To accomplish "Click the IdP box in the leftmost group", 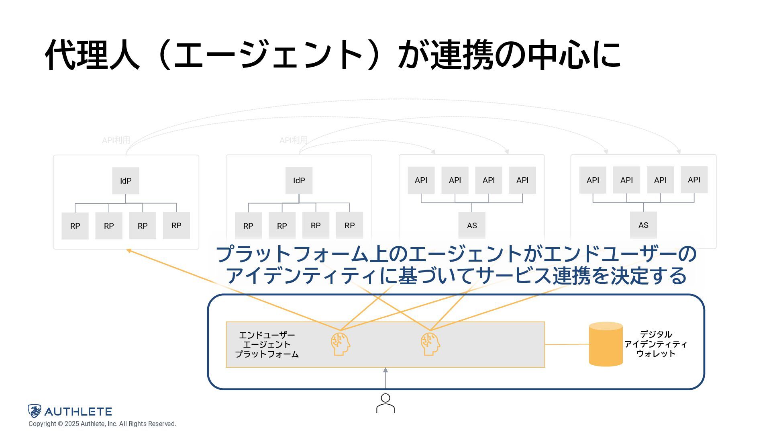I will tap(126, 181).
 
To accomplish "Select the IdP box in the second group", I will tap(299, 180).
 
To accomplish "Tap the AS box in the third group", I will tap(472, 225).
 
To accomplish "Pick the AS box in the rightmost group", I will tap(643, 225).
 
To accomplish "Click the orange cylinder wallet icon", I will tap(606, 344).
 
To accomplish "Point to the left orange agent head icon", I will tap(340, 344).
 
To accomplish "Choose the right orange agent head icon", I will tap(430, 344).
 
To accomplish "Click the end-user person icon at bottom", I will tap(385, 403).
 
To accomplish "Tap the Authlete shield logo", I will tap(35, 411).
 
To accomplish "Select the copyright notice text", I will tap(102, 424).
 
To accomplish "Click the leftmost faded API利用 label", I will tap(116, 140).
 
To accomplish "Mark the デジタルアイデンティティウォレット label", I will tap(656, 344).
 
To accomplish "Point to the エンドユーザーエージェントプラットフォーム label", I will tap(267, 344).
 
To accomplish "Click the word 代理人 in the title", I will tap(92, 55).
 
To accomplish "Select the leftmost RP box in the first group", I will tap(75, 226).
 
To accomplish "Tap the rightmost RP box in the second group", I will tap(349, 225).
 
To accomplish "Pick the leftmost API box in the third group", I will tap(421, 180).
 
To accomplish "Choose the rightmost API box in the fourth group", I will tap(694, 180).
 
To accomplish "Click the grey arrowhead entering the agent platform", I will tap(385, 370).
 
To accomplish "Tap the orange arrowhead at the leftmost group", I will tap(129, 251).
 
